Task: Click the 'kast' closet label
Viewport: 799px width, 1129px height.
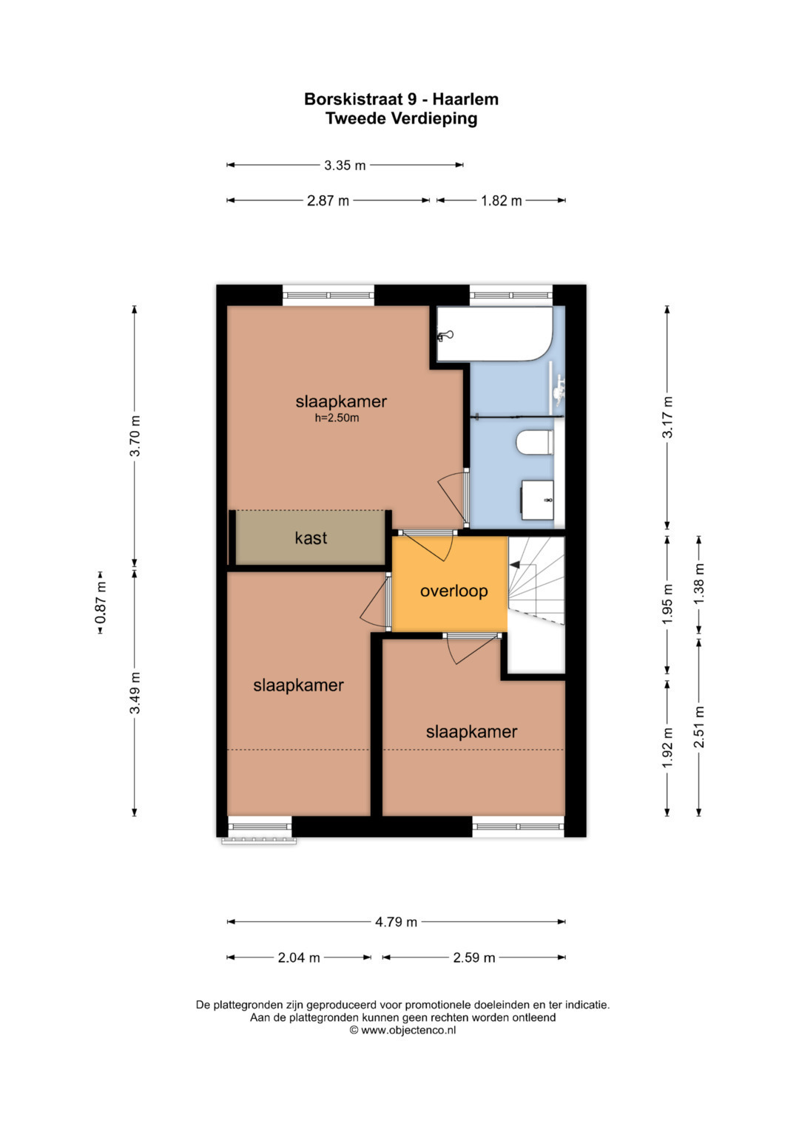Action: point(311,538)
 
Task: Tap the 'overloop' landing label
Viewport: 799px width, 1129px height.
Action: point(454,591)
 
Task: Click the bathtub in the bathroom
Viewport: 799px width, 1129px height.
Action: point(494,333)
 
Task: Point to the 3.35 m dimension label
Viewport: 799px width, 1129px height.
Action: point(345,166)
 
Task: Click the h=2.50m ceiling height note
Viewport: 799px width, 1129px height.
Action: point(337,418)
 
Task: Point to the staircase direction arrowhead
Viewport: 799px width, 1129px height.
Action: point(514,565)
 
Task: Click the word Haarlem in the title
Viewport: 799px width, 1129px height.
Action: point(465,99)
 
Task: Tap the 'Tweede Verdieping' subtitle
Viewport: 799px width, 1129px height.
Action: point(402,119)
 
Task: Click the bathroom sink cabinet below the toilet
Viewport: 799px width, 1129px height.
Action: point(537,500)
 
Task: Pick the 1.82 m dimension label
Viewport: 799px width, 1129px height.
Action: point(502,201)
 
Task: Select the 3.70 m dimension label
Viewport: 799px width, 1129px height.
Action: point(135,436)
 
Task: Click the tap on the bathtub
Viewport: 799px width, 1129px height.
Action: point(445,335)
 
